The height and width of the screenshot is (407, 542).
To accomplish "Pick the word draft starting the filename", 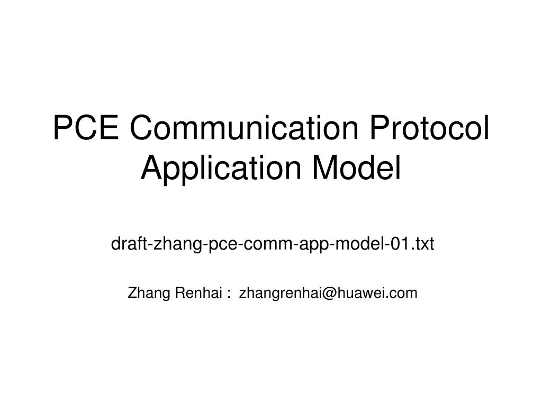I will click(x=130, y=244).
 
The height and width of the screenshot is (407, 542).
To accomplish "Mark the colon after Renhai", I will click(x=228, y=293).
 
